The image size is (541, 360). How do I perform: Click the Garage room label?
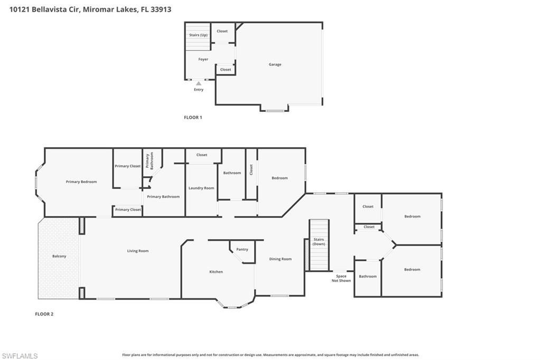pyautogui.click(x=275, y=64)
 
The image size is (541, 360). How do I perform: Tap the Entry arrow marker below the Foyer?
pyautogui.click(x=199, y=83)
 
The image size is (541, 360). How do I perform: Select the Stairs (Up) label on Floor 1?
pyautogui.click(x=198, y=35)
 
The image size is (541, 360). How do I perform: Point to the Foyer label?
pyautogui.click(x=203, y=60)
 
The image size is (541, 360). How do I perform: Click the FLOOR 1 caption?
pyautogui.click(x=193, y=117)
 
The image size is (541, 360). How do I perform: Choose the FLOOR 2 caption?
pyautogui.click(x=44, y=314)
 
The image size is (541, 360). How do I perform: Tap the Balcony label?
pyautogui.click(x=59, y=256)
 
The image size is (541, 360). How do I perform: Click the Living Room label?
pyautogui.click(x=138, y=251)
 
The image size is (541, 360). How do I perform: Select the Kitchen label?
pyautogui.click(x=216, y=272)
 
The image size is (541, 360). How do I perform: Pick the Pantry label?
pyautogui.click(x=242, y=249)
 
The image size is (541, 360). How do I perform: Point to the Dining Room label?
pyautogui.click(x=280, y=259)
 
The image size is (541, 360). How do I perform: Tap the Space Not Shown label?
pyautogui.click(x=341, y=278)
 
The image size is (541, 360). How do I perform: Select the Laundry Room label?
pyautogui.click(x=201, y=188)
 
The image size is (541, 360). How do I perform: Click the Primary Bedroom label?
pyautogui.click(x=81, y=182)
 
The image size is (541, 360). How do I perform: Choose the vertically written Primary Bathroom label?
pyautogui.click(x=149, y=160)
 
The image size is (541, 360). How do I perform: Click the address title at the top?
pyautogui.click(x=90, y=10)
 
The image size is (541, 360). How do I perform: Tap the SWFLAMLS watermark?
pyautogui.click(x=20, y=356)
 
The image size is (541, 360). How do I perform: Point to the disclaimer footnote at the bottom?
pyautogui.click(x=270, y=355)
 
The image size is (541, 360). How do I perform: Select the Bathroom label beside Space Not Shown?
pyautogui.click(x=368, y=276)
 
